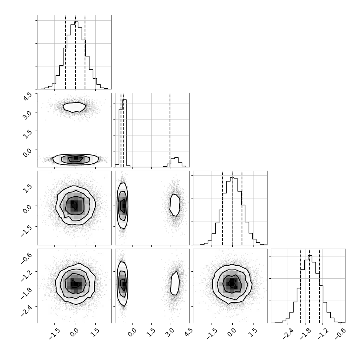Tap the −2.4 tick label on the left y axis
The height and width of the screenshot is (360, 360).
(x=26, y=310)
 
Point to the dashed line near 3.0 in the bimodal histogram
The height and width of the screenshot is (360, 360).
(x=170, y=130)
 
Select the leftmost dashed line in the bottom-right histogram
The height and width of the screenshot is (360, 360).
(x=300, y=286)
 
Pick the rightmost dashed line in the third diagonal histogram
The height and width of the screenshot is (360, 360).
(x=242, y=208)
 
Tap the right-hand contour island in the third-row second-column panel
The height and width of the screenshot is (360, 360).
(x=175, y=205)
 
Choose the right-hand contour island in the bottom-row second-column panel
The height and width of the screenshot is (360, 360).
(x=175, y=283)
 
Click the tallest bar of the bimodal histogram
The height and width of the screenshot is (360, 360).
(x=125, y=133)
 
